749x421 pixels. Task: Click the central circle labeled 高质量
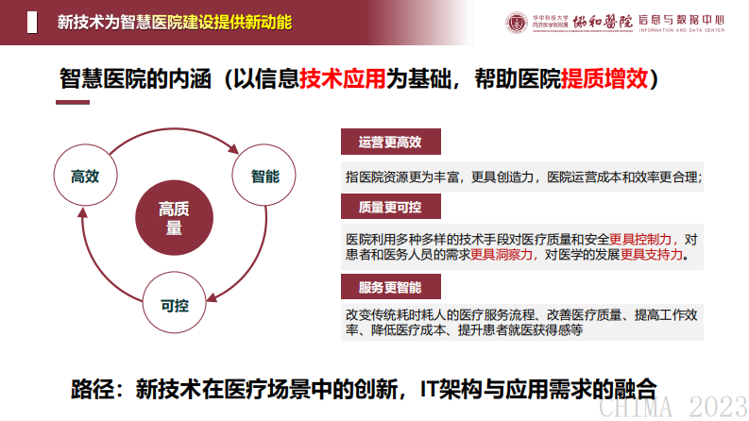(x=173, y=217)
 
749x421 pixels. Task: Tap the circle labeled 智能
(x=264, y=177)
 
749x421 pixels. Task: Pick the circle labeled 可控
(x=175, y=305)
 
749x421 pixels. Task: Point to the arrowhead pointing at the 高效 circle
(x=84, y=213)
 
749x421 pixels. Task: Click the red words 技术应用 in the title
(x=343, y=79)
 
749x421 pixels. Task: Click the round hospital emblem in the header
(x=519, y=22)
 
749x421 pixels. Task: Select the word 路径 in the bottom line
(x=94, y=387)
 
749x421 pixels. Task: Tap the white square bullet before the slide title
(x=31, y=22)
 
